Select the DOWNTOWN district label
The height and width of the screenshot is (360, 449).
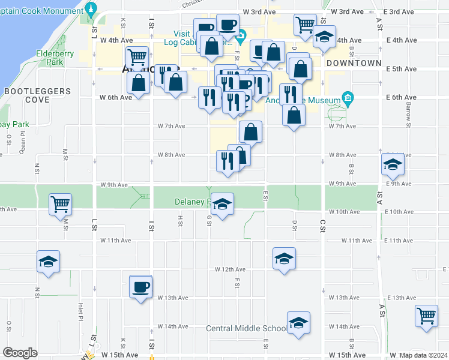tap(354, 63)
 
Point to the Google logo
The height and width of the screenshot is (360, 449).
tap(19, 352)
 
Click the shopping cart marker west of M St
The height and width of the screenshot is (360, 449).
tap(60, 204)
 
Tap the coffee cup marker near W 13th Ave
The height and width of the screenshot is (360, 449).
tap(141, 286)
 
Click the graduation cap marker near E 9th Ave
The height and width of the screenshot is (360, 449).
tap(393, 164)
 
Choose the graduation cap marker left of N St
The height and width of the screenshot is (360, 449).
tap(48, 261)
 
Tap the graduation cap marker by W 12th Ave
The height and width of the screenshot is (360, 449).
tap(284, 258)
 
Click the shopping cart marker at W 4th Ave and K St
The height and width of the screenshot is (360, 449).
tap(137, 58)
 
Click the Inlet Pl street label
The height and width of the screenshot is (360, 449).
tap(80, 311)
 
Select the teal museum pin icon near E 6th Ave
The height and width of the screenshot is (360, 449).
tap(347, 97)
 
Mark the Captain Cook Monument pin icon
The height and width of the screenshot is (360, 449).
tap(91, 8)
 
